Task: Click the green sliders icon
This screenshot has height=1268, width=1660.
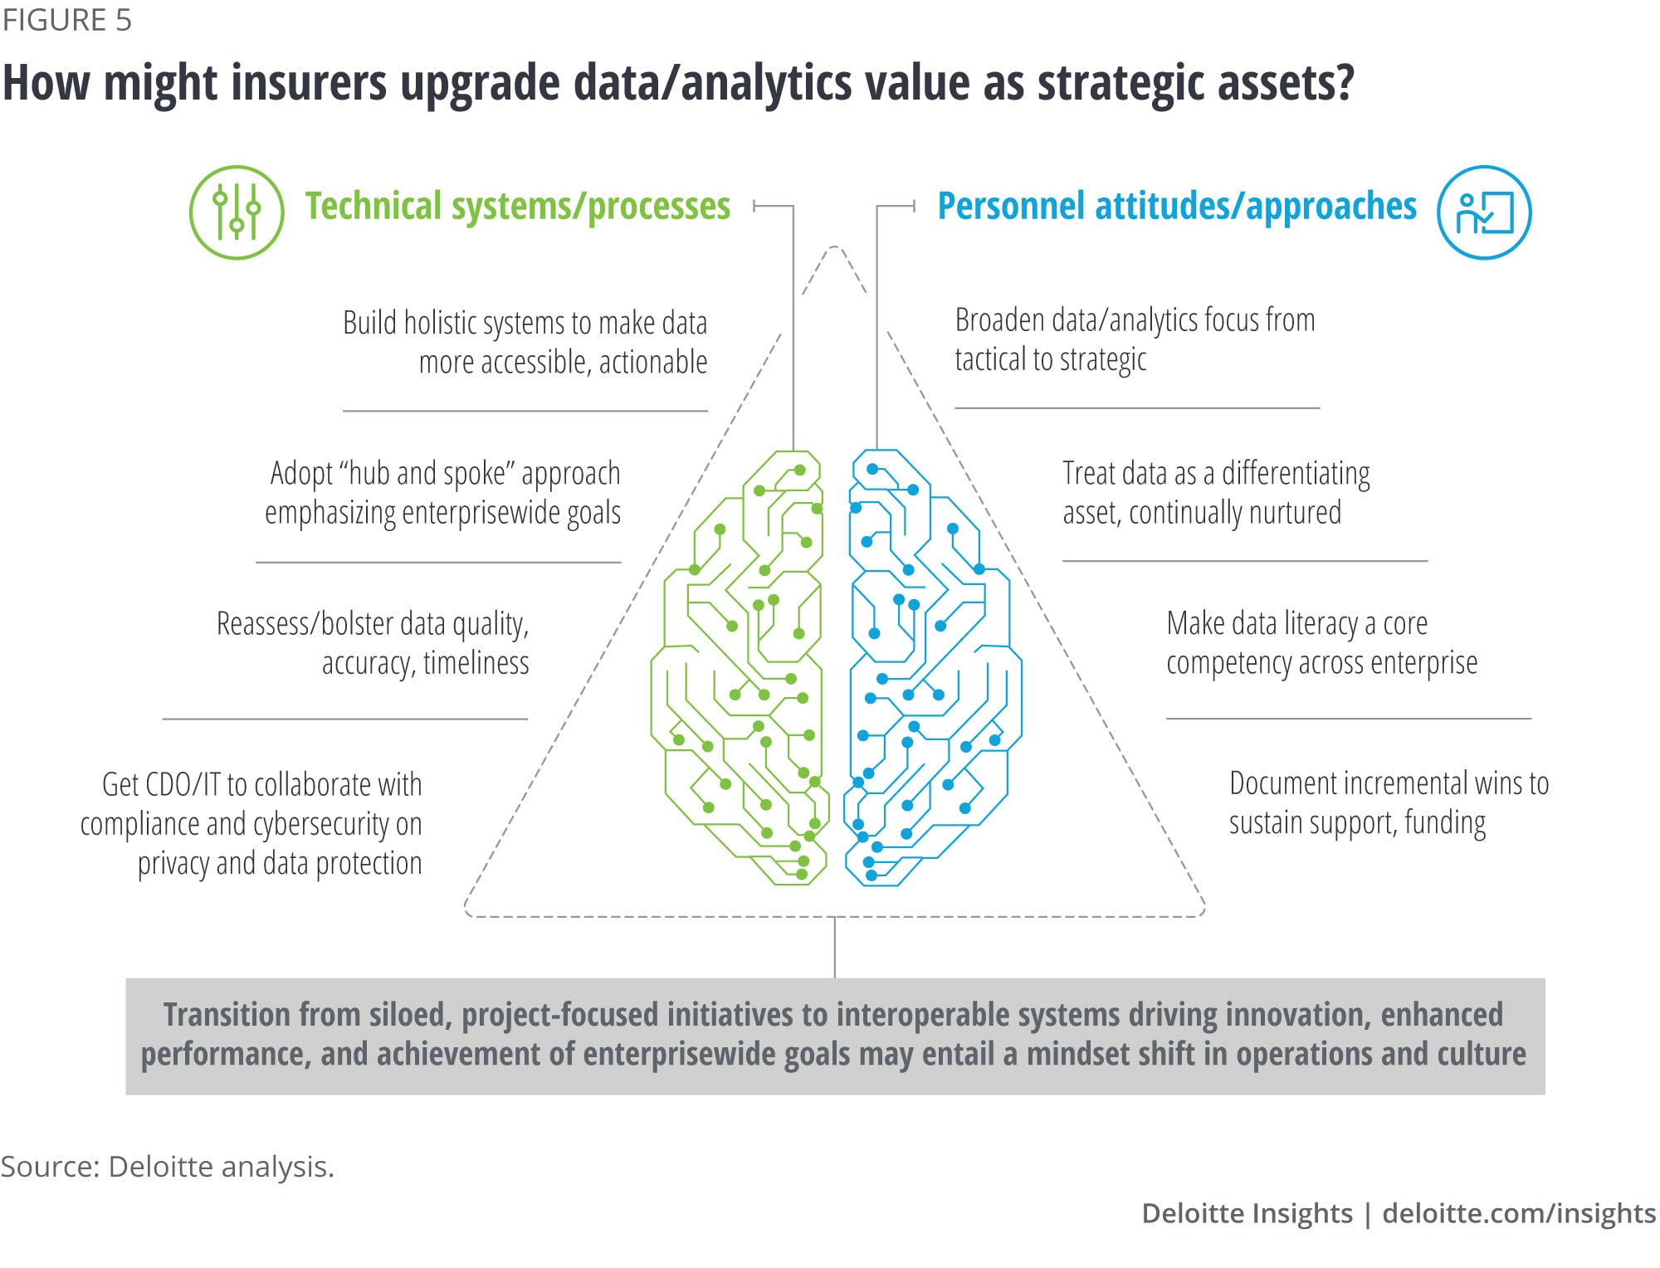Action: coord(237,212)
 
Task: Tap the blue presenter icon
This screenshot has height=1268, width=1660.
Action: coord(1484,212)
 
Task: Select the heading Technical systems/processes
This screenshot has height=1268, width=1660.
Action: coord(518,206)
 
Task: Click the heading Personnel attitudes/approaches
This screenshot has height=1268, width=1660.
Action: coord(1177,206)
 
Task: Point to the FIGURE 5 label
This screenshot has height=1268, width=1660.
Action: coord(66,20)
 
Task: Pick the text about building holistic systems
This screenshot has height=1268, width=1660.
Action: coord(525,342)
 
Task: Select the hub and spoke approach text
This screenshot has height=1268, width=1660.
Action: coord(442,493)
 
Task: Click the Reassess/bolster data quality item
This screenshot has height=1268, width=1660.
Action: coord(373,643)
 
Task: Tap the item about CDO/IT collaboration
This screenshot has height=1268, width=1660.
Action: coord(251,823)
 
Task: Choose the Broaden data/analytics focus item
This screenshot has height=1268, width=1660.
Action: coord(1135,339)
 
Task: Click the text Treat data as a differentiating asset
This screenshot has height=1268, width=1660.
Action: coord(1216,493)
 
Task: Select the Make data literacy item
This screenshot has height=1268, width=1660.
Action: coord(1321,643)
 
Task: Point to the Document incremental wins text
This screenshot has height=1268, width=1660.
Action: coord(1389,803)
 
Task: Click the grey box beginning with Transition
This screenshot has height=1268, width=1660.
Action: coord(835,1036)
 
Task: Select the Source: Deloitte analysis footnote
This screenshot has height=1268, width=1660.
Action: coord(167,1167)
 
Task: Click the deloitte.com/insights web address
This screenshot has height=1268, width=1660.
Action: coord(1519,1213)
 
